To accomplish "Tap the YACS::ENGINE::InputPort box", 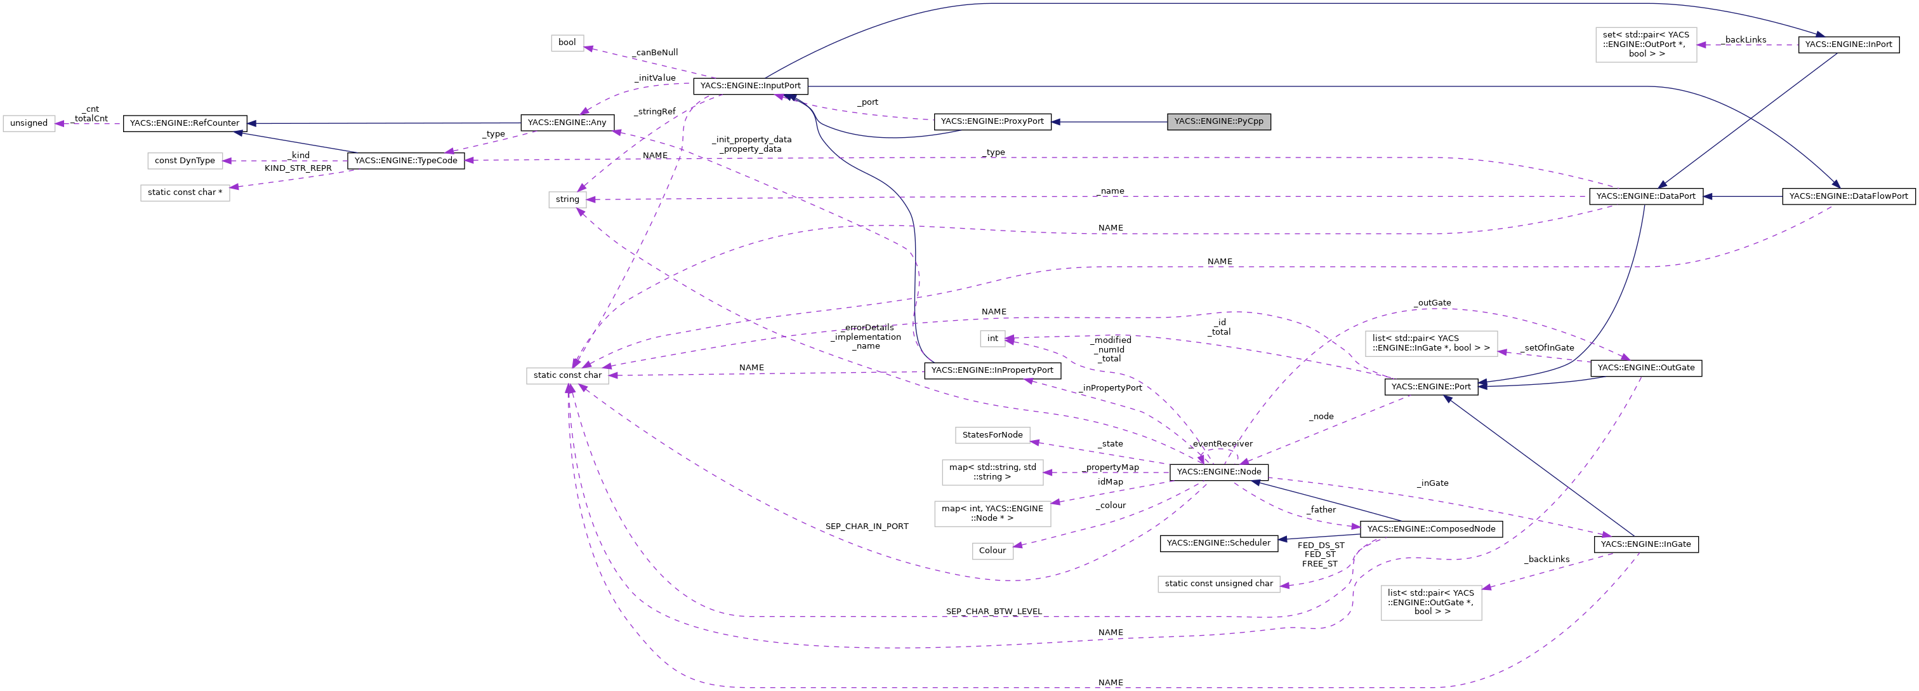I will [750, 86].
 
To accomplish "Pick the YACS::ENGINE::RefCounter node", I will [184, 123].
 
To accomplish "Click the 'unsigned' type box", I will [29, 123].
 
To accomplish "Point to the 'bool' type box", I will [567, 43].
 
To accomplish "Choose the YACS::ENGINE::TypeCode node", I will [406, 160].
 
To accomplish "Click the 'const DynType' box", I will [185, 160].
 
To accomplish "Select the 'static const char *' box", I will [185, 192].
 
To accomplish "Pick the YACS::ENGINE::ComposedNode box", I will [1430, 529].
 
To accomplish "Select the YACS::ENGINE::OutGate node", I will [1645, 368].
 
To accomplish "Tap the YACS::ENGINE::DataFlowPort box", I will [1847, 197].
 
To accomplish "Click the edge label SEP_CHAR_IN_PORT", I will [866, 527].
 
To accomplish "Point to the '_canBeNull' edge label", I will [656, 53].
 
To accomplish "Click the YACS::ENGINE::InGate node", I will [1645, 545].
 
